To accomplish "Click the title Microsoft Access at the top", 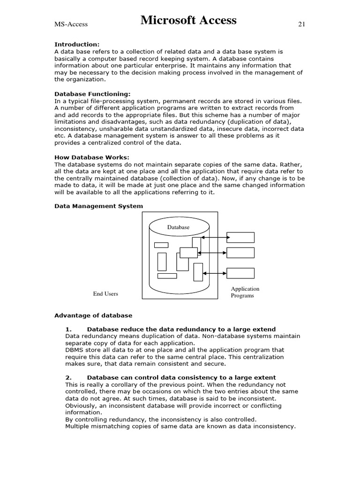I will (188, 21).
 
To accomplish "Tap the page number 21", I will (301, 24).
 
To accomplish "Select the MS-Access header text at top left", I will (71, 24).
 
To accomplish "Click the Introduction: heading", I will (77, 45).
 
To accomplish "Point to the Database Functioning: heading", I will (93, 94).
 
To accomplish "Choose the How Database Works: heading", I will (92, 157).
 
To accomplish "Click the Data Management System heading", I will (99, 206).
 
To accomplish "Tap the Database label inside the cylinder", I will (179, 227).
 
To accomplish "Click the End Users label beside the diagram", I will (105, 294).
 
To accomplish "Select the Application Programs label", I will (245, 292).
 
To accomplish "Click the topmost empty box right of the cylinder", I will (240, 237).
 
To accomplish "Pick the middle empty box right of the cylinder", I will (240, 253).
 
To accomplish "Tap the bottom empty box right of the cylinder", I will (240, 273).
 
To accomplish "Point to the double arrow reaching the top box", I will (214, 238).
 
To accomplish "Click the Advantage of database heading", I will (93, 315).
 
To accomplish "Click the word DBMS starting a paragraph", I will (74, 350).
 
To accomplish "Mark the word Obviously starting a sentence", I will (80, 405).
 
